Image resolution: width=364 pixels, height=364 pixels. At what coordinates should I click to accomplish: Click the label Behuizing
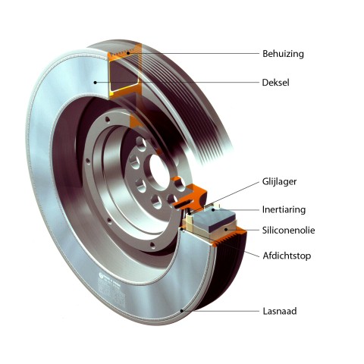click(283, 54)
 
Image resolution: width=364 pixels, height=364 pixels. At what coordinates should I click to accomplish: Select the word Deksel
click(275, 83)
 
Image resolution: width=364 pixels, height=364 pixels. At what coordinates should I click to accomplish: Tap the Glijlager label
click(279, 181)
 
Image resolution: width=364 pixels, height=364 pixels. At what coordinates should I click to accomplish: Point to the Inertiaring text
click(284, 209)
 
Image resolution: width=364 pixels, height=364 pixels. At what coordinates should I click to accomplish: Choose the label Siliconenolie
click(288, 231)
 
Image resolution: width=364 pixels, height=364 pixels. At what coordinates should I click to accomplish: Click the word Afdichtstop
click(287, 256)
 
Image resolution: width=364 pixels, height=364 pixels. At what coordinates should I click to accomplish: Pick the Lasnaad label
click(280, 311)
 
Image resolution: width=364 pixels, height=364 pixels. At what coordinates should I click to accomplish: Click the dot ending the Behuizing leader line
click(128, 53)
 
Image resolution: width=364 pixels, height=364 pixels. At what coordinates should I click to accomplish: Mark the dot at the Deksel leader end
click(95, 83)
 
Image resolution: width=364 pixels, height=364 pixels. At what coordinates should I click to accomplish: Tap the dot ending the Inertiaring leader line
click(214, 209)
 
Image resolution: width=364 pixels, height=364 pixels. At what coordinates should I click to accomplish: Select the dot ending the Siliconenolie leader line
click(227, 230)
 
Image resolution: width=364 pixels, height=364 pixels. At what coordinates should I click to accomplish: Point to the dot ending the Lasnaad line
click(182, 311)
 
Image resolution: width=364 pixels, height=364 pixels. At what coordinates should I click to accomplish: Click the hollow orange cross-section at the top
click(124, 71)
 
